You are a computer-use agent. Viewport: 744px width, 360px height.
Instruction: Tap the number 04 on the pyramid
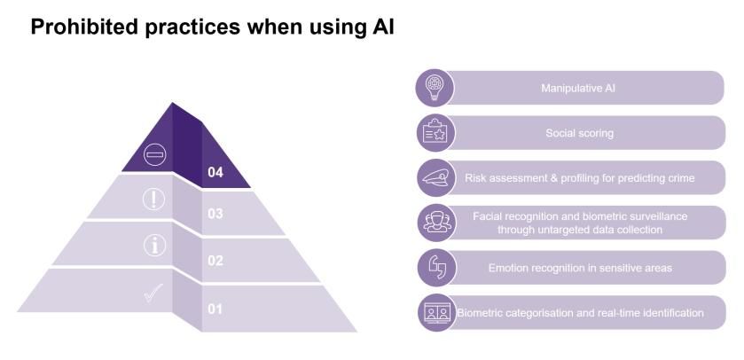pyautogui.click(x=215, y=172)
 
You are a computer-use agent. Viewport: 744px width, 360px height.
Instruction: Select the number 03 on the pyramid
pyautogui.click(x=215, y=214)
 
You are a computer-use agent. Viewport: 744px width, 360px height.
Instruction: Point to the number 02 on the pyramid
pyautogui.click(x=215, y=261)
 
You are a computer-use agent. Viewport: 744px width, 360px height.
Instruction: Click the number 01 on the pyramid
pyautogui.click(x=215, y=309)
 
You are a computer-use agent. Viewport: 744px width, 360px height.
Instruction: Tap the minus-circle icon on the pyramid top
pyautogui.click(x=154, y=154)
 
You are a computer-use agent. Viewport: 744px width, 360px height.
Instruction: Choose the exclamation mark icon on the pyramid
pyautogui.click(x=153, y=200)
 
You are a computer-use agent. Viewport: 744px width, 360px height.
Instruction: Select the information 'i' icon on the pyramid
pyautogui.click(x=154, y=246)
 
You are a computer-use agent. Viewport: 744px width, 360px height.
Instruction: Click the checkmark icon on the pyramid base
pyautogui.click(x=153, y=293)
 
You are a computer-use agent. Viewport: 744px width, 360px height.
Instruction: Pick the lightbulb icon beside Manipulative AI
pyautogui.click(x=435, y=87)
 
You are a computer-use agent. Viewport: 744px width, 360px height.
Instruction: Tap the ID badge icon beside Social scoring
pyautogui.click(x=436, y=132)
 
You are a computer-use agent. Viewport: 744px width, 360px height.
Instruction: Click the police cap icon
pyautogui.click(x=435, y=178)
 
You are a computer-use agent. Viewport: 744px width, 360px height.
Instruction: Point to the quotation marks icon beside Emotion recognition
pyautogui.click(x=437, y=267)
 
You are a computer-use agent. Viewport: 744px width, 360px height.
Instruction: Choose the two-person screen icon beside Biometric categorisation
pyautogui.click(x=437, y=313)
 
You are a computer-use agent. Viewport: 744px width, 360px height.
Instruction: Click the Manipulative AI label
pyautogui.click(x=578, y=88)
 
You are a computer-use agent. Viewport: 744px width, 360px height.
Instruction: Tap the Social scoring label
pyautogui.click(x=579, y=133)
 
